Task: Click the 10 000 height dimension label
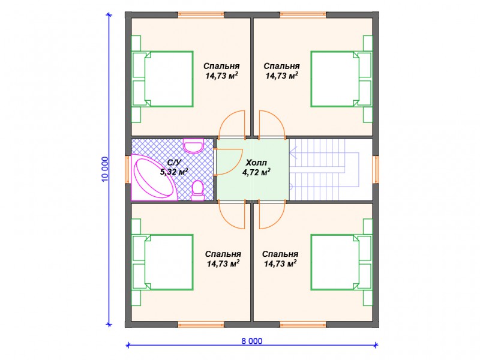(x=104, y=169)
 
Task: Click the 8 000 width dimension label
(x=251, y=341)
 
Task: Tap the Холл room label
(x=256, y=162)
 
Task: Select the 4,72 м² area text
(x=256, y=172)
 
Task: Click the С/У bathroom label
(x=175, y=162)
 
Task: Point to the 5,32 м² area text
(x=174, y=172)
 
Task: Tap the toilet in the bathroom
(x=198, y=191)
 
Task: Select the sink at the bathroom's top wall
(x=193, y=146)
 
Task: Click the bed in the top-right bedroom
(x=341, y=79)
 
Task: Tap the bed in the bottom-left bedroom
(x=163, y=262)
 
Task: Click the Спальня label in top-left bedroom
(x=221, y=66)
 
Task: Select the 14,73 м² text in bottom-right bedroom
(x=280, y=263)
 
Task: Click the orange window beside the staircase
(x=376, y=170)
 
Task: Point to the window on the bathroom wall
(x=128, y=170)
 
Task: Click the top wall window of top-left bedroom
(x=201, y=15)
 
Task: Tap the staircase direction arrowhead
(x=294, y=152)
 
